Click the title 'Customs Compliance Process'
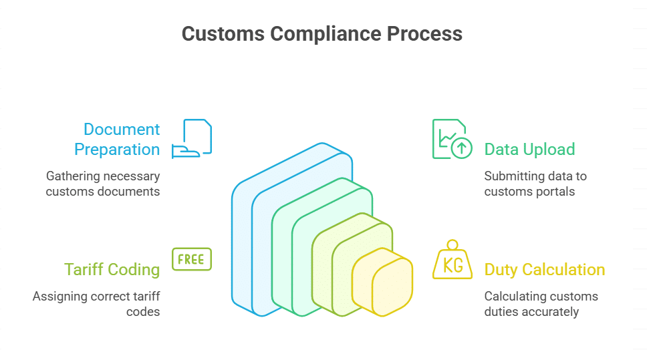[x=322, y=34]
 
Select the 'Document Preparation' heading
[x=118, y=139]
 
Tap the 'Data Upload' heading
[x=529, y=149]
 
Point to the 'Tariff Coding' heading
[x=112, y=269]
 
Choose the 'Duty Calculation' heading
[x=544, y=269]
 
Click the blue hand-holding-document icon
[x=192, y=139]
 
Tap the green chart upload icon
[x=452, y=139]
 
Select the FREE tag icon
[x=192, y=259]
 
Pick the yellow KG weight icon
[x=452, y=261]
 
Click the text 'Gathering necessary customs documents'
[x=103, y=184]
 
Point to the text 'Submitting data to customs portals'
[x=535, y=184]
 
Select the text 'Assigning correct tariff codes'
[x=96, y=304]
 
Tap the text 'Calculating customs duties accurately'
[x=541, y=304]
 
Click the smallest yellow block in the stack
[x=391, y=284]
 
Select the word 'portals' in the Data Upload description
[x=560, y=192]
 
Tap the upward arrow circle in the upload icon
[x=461, y=148]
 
